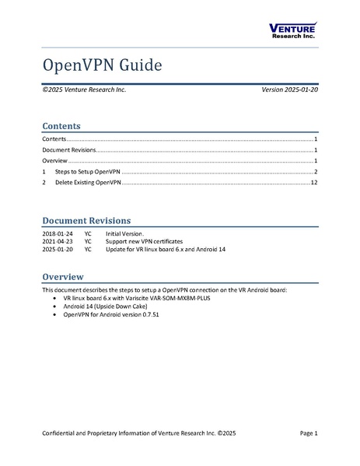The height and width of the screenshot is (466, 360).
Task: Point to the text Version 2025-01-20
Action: (288, 90)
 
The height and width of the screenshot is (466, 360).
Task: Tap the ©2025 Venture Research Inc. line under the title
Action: (84, 90)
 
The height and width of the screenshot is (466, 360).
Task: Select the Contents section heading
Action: (61, 124)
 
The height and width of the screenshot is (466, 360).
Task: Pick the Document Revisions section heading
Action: (86, 220)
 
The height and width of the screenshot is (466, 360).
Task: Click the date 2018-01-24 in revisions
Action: (58, 234)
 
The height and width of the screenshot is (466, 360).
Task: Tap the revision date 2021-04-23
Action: (58, 242)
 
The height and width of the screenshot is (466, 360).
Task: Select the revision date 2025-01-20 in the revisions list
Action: (58, 250)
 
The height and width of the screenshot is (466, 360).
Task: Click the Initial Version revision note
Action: (125, 234)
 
